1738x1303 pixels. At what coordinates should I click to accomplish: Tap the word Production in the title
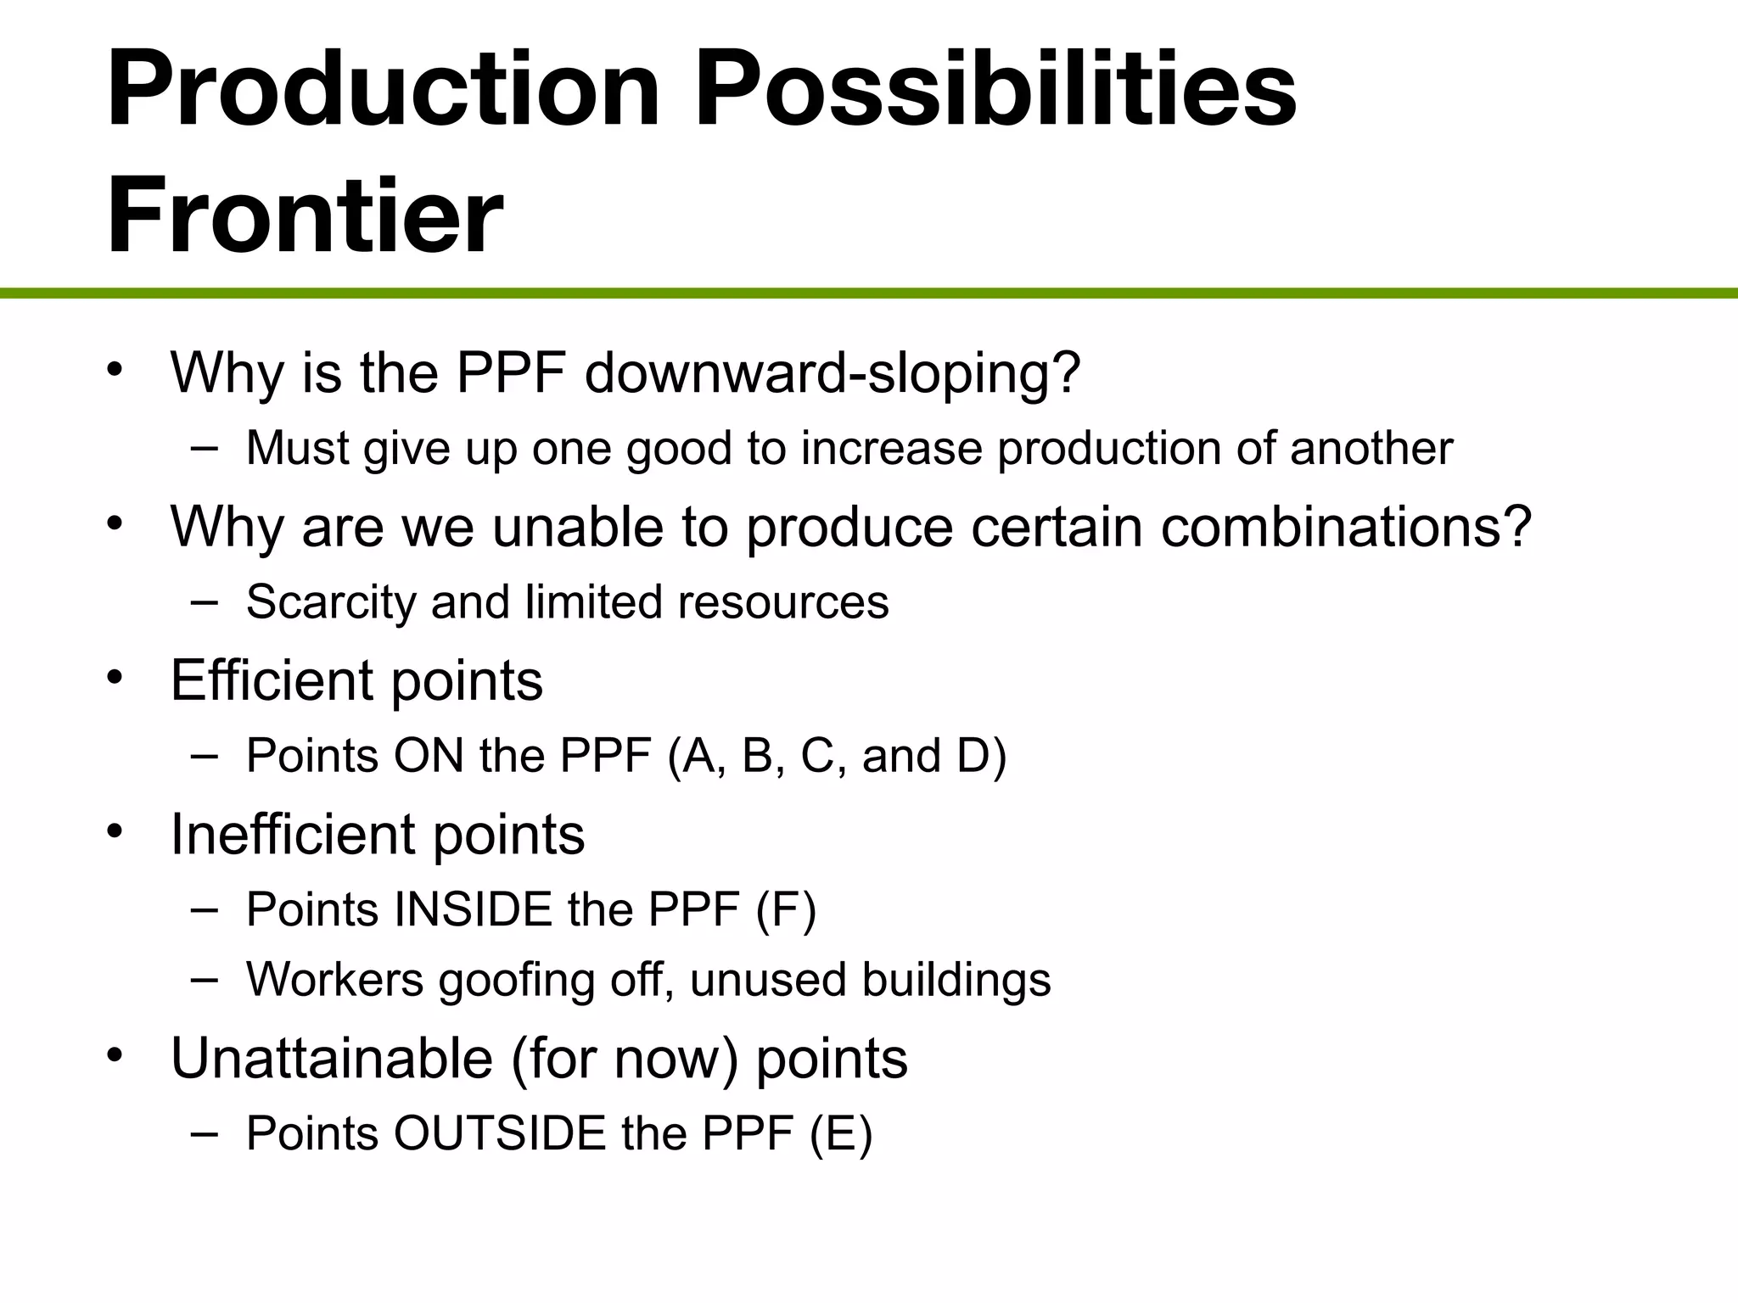tap(383, 88)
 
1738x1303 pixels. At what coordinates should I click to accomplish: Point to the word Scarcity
tap(331, 602)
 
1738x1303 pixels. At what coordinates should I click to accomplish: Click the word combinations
tap(1346, 528)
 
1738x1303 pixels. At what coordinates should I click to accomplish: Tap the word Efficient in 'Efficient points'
tap(272, 680)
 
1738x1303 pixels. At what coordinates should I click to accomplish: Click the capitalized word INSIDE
tap(474, 910)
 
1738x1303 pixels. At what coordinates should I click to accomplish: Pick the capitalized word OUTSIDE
tap(500, 1133)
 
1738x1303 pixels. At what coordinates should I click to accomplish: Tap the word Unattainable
tap(332, 1059)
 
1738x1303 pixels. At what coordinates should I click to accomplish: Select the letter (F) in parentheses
tap(786, 910)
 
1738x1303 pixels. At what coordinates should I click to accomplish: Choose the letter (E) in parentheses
tap(840, 1133)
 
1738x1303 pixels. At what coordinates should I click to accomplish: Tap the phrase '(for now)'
tap(625, 1059)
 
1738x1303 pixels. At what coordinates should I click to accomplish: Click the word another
tap(1371, 449)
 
